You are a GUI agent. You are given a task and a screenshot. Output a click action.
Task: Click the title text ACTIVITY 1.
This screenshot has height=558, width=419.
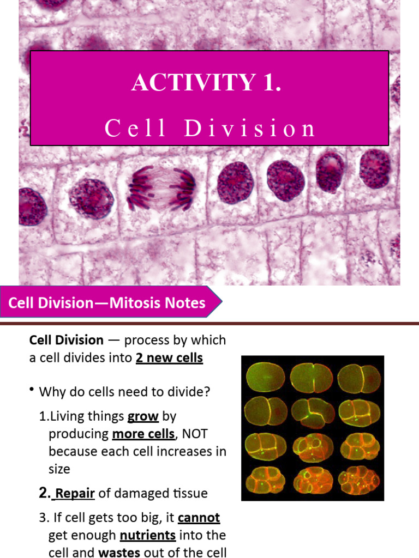pos(207,83)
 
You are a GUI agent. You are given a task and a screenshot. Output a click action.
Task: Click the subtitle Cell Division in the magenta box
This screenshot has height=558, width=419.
pos(210,128)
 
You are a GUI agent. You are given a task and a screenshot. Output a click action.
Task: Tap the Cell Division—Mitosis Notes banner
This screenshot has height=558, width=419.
pos(107,303)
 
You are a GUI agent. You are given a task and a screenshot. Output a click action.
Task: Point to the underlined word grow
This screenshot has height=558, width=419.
pos(143,417)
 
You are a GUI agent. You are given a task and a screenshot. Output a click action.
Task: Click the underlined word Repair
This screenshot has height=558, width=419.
pos(75,494)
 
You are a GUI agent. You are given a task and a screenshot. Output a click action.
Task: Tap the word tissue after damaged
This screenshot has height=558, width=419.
pos(188,494)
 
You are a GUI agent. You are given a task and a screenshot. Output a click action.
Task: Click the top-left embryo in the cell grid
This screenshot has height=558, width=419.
pos(265,377)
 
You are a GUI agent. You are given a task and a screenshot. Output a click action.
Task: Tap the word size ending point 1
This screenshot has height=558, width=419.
pos(59,469)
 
